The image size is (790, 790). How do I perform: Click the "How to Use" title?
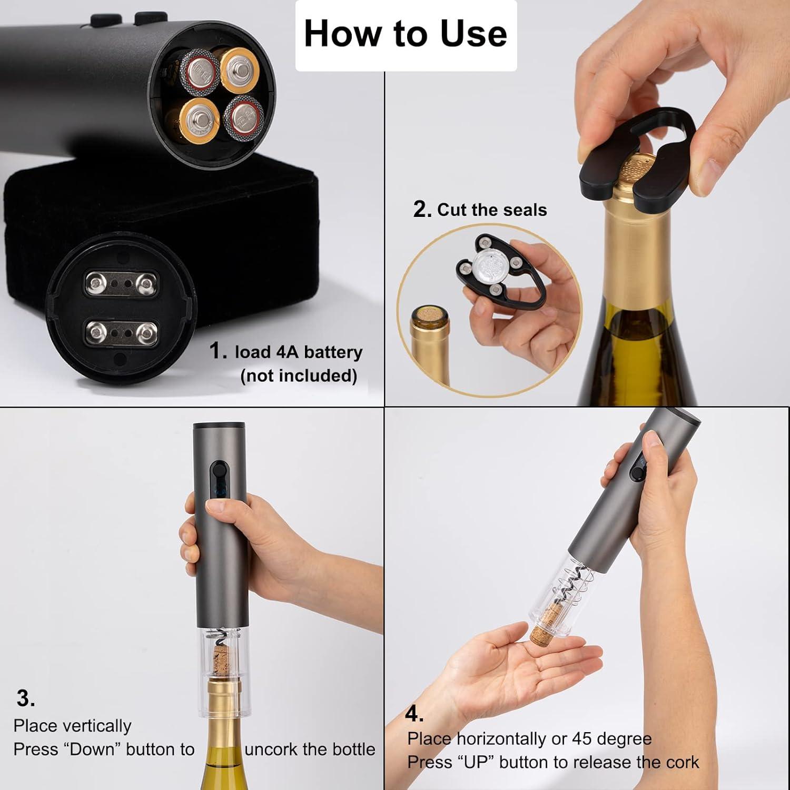pyautogui.click(x=406, y=34)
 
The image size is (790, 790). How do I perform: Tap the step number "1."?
pyautogui.click(x=218, y=351)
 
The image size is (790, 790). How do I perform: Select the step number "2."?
pyautogui.click(x=422, y=209)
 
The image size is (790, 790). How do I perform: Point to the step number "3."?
pyautogui.click(x=25, y=698)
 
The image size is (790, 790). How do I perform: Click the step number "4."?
pyautogui.click(x=414, y=714)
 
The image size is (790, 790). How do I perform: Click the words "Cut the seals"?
pyautogui.click(x=492, y=210)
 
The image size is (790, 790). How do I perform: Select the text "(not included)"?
pyautogui.click(x=299, y=376)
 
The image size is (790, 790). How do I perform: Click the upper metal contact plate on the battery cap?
pyautogui.click(x=120, y=285)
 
